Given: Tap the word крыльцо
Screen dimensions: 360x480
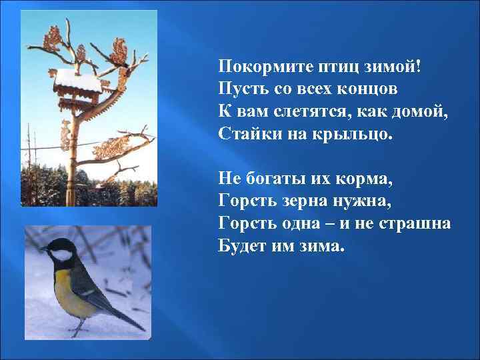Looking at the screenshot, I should tap(358, 134).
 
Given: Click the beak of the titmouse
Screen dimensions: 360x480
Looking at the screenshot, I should tap(43, 249).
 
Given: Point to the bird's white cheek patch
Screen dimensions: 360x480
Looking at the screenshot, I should tap(62, 255).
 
